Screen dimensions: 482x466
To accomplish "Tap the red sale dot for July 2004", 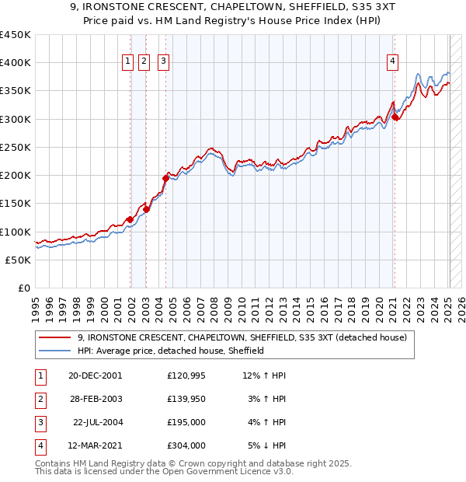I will click(165, 178).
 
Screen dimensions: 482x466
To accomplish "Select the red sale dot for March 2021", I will click(395, 117).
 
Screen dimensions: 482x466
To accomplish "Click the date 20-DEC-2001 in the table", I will click(95, 375).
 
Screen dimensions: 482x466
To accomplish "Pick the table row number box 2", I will click(39, 399).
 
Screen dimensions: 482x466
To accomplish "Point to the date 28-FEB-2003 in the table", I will click(95, 399).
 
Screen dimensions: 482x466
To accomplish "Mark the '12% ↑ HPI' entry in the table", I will click(265, 375).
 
